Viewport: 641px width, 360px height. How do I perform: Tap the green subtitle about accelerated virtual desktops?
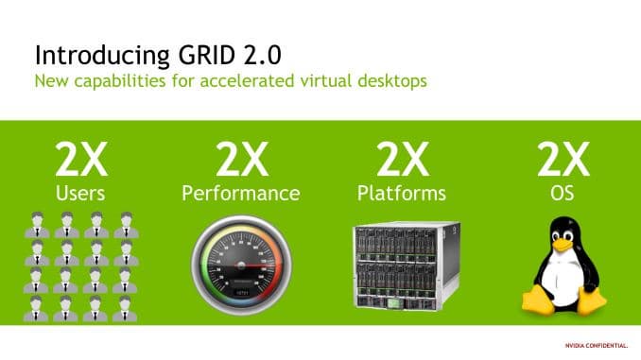click(x=230, y=80)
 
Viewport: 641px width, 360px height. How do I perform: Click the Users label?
click(x=81, y=194)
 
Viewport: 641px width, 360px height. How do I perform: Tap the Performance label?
click(x=240, y=194)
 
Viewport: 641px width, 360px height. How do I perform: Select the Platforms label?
click(x=402, y=194)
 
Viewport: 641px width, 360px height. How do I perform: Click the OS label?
click(x=563, y=194)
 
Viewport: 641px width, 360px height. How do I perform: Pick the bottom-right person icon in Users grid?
click(x=124, y=305)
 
